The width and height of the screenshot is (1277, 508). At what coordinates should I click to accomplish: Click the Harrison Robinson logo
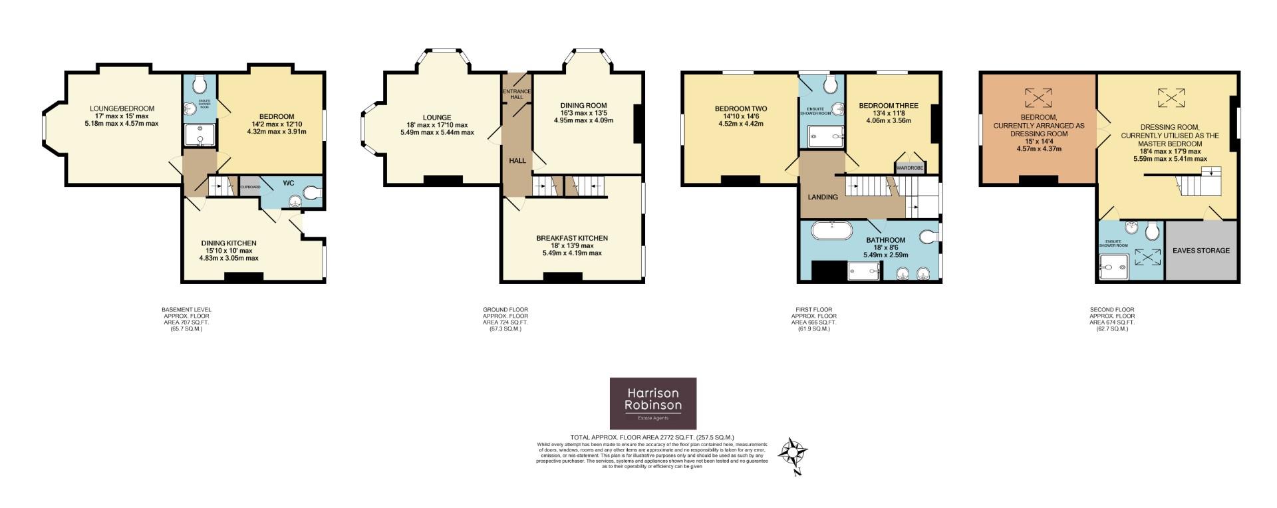coord(653,403)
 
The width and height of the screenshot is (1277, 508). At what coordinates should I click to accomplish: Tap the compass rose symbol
coord(793,454)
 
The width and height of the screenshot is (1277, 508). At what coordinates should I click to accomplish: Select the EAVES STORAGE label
coord(1201,251)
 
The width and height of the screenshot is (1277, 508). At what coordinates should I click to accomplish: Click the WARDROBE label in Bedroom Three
coord(909,168)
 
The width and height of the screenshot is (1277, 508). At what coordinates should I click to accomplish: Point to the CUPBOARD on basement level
coord(249,187)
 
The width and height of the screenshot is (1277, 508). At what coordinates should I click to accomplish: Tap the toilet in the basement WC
coord(312,193)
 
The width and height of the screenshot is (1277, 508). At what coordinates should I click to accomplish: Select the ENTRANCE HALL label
coord(517,94)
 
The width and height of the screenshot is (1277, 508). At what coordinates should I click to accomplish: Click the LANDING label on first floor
coord(822,197)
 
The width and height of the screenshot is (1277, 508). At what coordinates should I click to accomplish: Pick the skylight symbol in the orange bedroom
coord(1038,98)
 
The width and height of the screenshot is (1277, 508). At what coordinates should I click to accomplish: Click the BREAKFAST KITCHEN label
coord(572,238)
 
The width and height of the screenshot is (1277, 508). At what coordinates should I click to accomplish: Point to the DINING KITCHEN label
coord(229,243)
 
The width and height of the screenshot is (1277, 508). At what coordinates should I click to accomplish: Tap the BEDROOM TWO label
coord(741,108)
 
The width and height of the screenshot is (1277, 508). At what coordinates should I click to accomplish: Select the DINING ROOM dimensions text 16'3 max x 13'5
coord(583,113)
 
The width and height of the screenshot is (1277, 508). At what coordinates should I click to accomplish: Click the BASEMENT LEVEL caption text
coord(186,310)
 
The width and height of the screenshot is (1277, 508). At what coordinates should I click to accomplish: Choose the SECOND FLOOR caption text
coord(1112,310)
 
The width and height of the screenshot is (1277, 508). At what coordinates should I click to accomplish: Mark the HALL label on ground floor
coord(517,161)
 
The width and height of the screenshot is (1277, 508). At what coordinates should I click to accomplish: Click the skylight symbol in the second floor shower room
coord(1144,257)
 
